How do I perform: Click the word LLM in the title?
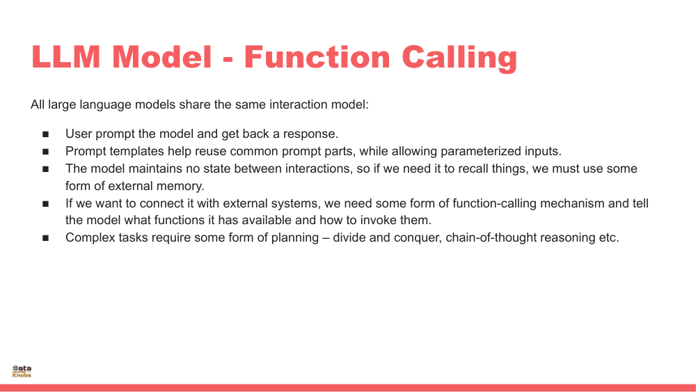[68, 57]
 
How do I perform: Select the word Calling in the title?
[459, 57]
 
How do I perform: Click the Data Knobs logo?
[22, 371]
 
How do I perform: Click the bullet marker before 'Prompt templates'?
[46, 152]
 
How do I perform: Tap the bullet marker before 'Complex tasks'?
[46, 238]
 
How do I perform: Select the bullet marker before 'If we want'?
[46, 204]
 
